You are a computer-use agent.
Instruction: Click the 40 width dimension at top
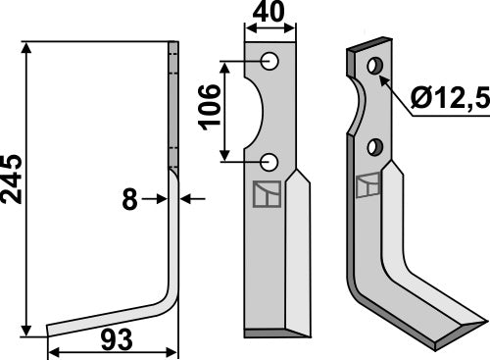[269, 15]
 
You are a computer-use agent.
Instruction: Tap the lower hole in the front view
[269, 161]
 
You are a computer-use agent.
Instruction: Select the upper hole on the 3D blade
[373, 67]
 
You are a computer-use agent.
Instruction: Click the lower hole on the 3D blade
[373, 146]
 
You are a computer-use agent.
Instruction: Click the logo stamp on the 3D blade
[370, 184]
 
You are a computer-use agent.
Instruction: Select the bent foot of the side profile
[108, 320]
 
